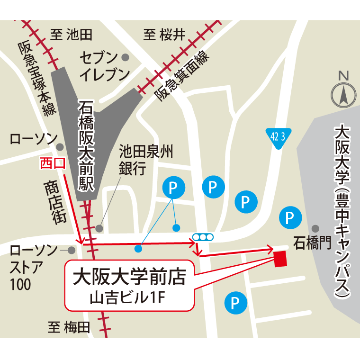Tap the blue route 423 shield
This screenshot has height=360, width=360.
point(277,138)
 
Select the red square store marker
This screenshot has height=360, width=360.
point(280,259)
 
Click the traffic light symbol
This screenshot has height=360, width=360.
point(203,236)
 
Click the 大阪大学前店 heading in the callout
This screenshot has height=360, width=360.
point(128,277)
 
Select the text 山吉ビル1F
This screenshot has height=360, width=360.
point(128,297)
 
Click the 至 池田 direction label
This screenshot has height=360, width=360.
point(72,34)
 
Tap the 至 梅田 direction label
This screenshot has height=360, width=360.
point(68,327)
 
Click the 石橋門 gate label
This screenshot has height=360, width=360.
point(311,243)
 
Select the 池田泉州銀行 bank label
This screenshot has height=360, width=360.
point(139,161)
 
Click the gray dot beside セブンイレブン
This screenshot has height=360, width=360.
point(126,57)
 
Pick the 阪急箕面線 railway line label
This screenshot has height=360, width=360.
point(182,76)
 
